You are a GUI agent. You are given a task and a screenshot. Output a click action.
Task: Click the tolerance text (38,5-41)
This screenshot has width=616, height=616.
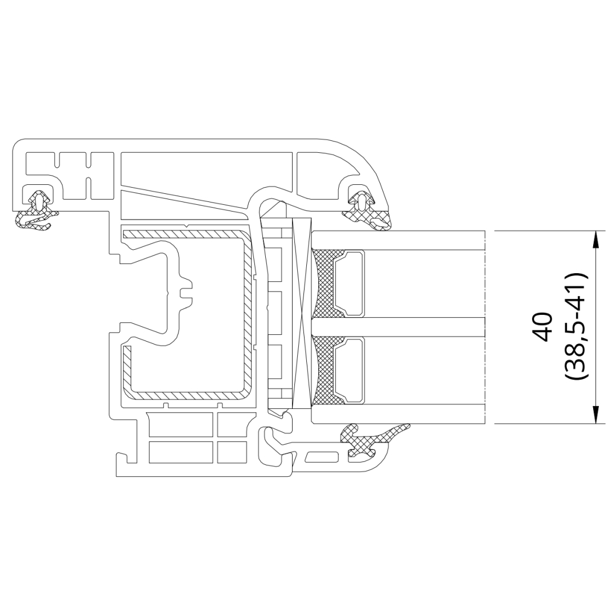[x=576, y=327]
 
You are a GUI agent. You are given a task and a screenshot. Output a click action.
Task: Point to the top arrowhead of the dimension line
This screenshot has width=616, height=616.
[x=595, y=239]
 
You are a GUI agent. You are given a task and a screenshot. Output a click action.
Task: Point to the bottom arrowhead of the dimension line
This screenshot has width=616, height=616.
[x=595, y=415]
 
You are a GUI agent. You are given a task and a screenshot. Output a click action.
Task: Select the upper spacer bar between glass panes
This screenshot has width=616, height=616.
[x=349, y=283]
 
